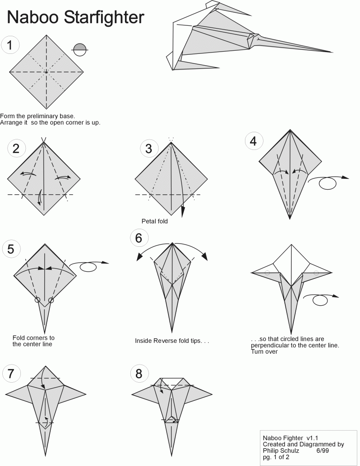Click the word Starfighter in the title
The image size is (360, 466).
pos(104,17)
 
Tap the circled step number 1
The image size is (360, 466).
pos(10,45)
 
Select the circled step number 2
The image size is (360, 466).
pos(16,148)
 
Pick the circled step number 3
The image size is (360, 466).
pos(149,148)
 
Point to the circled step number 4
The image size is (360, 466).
pos(254,141)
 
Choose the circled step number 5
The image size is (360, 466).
pos(11,249)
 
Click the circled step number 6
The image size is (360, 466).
pos(139,238)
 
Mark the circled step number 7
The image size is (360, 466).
pos(11,374)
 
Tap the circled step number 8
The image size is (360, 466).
pos(139,374)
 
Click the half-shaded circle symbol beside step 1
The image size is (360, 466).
pos(80,50)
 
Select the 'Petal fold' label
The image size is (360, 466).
pos(154,221)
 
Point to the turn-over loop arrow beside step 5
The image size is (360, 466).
pos(89,265)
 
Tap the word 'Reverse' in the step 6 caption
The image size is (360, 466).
pos(168,341)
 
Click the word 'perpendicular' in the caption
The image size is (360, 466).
pos(269,346)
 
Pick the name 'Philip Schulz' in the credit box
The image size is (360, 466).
pos(281,451)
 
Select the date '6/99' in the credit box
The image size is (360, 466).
pos(322,451)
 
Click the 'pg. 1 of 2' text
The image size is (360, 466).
pos(276,457)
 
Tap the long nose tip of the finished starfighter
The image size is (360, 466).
pos(332,52)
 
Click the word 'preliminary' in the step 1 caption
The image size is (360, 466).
pos(45,116)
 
